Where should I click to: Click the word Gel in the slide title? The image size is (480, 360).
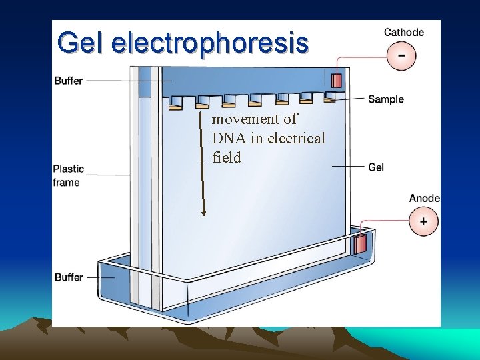point(81,43)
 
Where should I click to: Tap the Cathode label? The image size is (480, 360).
point(403,32)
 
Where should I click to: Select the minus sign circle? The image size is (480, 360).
point(401,55)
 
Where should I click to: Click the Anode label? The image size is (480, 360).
point(424,198)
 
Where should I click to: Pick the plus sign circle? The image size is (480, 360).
point(424,221)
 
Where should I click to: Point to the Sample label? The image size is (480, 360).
point(385,99)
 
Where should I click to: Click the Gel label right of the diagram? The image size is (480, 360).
point(376,167)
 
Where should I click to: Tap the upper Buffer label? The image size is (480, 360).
point(68,81)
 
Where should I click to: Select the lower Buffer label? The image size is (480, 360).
point(69,277)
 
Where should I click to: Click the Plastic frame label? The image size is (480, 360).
point(66,175)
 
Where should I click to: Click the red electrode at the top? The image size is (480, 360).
point(337,81)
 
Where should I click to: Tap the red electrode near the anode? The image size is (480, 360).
point(360,245)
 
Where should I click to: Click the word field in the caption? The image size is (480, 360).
point(226,158)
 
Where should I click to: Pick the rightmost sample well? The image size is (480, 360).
point(329,97)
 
